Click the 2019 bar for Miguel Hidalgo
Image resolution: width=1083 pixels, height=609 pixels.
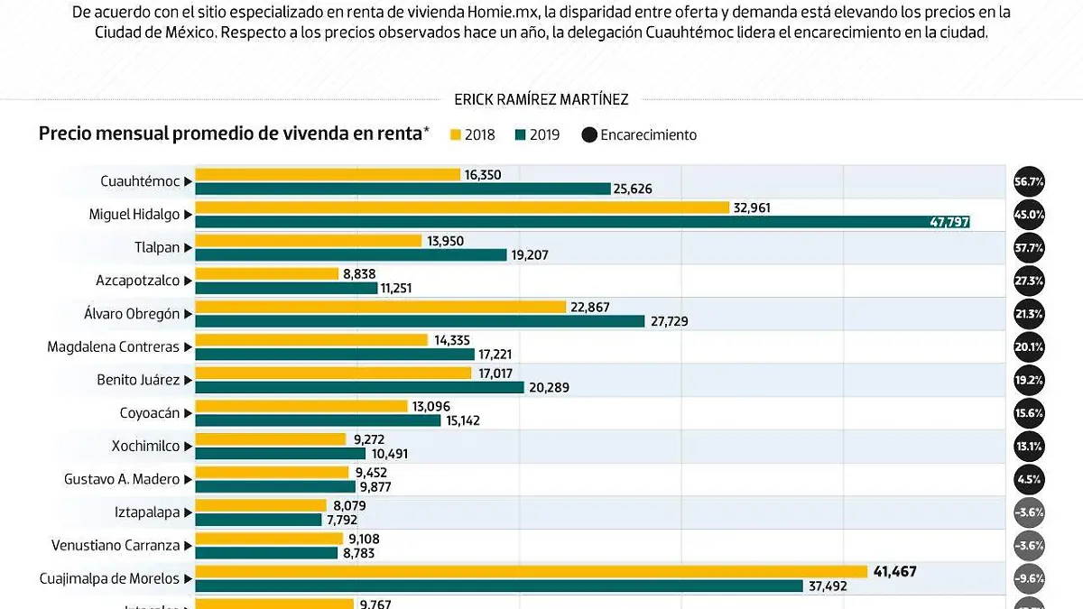(x=582, y=222)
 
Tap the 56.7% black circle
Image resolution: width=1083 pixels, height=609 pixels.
(x=1029, y=181)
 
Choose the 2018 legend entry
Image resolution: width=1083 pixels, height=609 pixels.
(x=471, y=134)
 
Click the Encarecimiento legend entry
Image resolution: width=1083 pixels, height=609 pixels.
(x=639, y=134)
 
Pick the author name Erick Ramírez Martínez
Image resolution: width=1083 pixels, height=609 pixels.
(x=541, y=99)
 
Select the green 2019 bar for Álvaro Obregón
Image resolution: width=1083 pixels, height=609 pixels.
(x=420, y=321)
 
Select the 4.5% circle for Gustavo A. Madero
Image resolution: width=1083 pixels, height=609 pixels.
(x=1029, y=480)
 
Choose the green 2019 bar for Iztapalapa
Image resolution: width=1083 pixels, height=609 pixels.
(x=258, y=520)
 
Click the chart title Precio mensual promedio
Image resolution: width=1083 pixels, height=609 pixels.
(x=230, y=134)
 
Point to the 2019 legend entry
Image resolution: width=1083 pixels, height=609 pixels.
(x=537, y=134)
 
